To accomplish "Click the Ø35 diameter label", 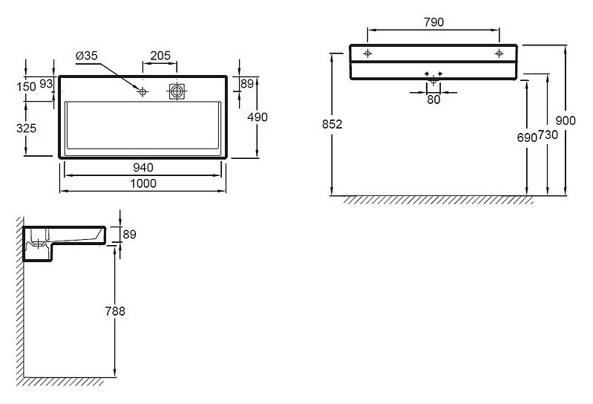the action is [87, 56].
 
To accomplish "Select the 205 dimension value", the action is [160, 56].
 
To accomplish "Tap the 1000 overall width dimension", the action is [143, 183].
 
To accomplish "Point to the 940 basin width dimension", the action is [143, 168].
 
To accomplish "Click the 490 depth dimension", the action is [258, 117].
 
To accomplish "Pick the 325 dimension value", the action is [27, 128].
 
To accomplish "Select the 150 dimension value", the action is [27, 87].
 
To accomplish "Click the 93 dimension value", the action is [46, 84].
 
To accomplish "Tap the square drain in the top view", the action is [177, 91].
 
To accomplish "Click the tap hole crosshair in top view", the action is [142, 91].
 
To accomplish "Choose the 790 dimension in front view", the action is [433, 22].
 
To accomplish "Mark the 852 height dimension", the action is [332, 124].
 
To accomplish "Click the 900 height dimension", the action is [566, 120].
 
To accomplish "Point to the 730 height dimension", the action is [548, 134].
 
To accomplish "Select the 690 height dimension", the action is [527, 137].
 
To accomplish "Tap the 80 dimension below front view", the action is [433, 100].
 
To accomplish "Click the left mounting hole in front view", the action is [367, 53].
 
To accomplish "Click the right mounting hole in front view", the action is [499, 53].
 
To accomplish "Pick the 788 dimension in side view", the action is [115, 311].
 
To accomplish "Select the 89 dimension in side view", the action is [129, 235].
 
